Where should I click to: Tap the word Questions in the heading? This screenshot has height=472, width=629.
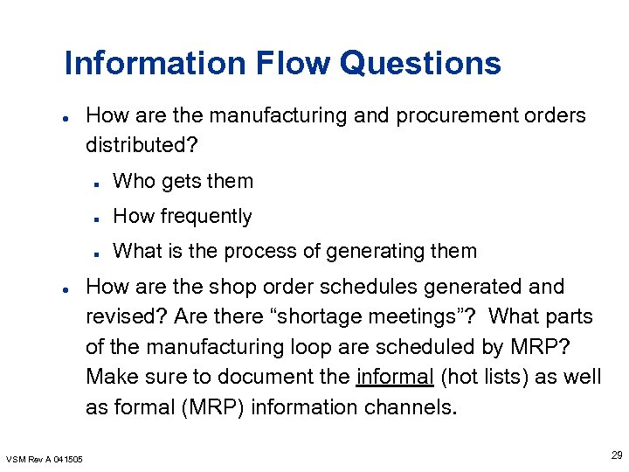[x=420, y=63]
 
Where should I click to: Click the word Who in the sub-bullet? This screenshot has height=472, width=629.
[x=133, y=181]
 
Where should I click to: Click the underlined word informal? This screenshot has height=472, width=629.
[x=395, y=377]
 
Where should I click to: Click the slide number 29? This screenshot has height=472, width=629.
[x=617, y=455]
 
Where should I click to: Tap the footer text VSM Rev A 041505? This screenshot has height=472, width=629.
[x=45, y=459]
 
